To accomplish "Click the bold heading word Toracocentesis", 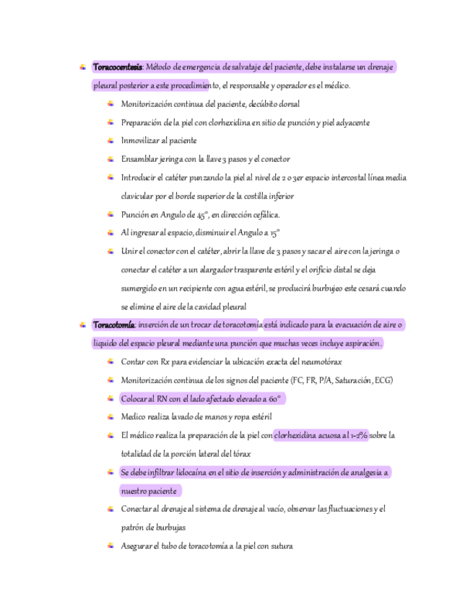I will coord(117,67).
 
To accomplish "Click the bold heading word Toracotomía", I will coord(114,325).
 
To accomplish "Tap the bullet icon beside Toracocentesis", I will coord(84,67).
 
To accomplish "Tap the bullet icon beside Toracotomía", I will coord(84,325).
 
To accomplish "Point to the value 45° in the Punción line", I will coord(201,215).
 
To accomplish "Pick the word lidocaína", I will coord(191,472).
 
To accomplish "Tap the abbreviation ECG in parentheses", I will coord(383,380).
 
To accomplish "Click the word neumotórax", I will coord(319,361).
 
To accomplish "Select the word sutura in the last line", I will coord(282,546).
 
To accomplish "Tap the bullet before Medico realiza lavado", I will coord(110,416).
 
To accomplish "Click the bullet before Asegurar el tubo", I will coord(110,546).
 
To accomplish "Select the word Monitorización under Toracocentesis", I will coord(147,104).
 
